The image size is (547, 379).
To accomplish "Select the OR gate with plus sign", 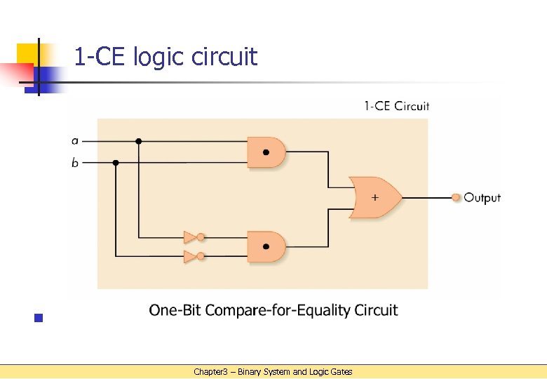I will tap(375, 197).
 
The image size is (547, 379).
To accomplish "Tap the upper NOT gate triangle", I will tap(189, 237).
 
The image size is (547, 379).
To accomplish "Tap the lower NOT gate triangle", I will tap(189, 256).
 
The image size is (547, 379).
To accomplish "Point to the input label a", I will tap(75, 140).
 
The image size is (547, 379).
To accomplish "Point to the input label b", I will tap(75, 163).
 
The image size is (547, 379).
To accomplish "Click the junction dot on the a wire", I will tap(139, 141).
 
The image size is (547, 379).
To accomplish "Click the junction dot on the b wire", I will tap(116, 163).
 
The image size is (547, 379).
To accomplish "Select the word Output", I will tap(482, 198).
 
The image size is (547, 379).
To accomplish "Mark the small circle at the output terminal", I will tap(456, 198).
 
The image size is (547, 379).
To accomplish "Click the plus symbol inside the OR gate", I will tap(374, 197).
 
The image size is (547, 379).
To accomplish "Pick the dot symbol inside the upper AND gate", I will tap(266, 152).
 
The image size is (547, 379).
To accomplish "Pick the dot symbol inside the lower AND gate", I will tap(266, 246).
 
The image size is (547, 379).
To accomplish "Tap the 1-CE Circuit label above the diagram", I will tap(396, 106).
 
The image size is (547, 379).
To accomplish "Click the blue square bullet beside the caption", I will tap(39, 318).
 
